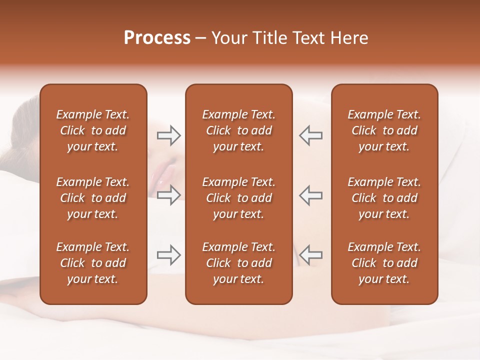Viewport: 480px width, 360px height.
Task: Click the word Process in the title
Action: pos(157,38)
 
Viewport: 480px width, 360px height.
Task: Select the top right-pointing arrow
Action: pos(168,135)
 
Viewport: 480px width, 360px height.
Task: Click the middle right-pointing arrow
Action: pos(168,195)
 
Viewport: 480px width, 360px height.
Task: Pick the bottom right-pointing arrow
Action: pos(168,255)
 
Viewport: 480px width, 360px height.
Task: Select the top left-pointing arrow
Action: pos(310,135)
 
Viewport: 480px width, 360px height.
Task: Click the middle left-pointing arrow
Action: pos(310,195)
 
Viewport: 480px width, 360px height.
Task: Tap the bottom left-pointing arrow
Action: pos(310,255)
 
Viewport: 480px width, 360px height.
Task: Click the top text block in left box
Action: pos(93,130)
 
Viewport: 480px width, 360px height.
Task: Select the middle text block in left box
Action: pos(93,198)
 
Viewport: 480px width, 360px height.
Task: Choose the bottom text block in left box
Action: pos(93,263)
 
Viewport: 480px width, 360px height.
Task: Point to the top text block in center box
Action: pos(238,130)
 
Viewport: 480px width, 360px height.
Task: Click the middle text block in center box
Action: pos(238,198)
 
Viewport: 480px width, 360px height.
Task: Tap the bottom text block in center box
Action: pos(238,263)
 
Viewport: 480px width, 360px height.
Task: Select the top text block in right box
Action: pos(384,130)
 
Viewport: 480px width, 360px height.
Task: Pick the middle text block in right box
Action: pos(384,198)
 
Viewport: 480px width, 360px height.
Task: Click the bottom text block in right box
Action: pos(384,263)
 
